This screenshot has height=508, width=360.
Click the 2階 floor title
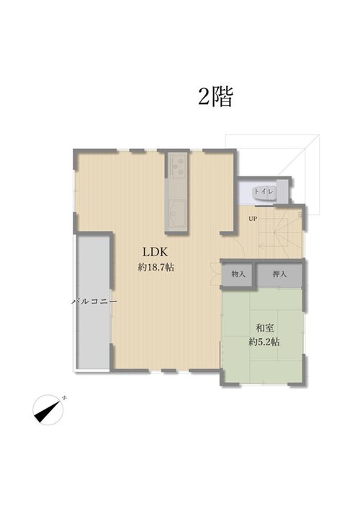coord(216,96)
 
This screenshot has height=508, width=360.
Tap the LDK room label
coord(155,252)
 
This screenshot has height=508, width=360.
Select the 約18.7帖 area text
coord(156,267)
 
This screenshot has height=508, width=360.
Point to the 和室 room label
coord(265,328)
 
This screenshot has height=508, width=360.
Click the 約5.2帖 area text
coord(264,342)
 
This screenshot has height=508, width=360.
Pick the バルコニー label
coord(94,301)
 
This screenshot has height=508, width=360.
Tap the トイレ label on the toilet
coord(264,191)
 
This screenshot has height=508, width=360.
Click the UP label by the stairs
coord(253,219)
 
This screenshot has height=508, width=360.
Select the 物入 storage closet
coord(238,274)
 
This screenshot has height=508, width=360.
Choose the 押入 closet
coord(279,274)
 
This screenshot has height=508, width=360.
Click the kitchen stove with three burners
coord(177,166)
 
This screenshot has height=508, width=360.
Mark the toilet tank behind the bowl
coord(282,191)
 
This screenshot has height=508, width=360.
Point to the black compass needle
coord(48,410)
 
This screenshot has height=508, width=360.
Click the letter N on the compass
coord(64,397)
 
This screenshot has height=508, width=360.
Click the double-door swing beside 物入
coord(215,274)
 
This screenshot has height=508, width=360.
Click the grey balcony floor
coord(94,302)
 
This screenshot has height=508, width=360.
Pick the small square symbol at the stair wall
coord(300,214)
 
